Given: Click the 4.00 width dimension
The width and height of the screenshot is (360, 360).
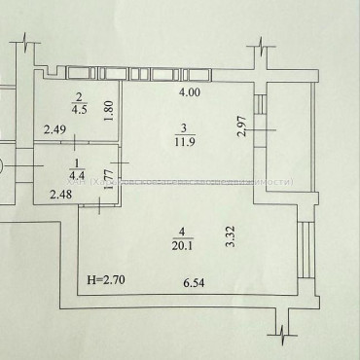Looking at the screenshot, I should pos(189,92).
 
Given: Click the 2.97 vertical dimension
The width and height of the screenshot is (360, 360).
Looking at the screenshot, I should pos(243,126).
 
